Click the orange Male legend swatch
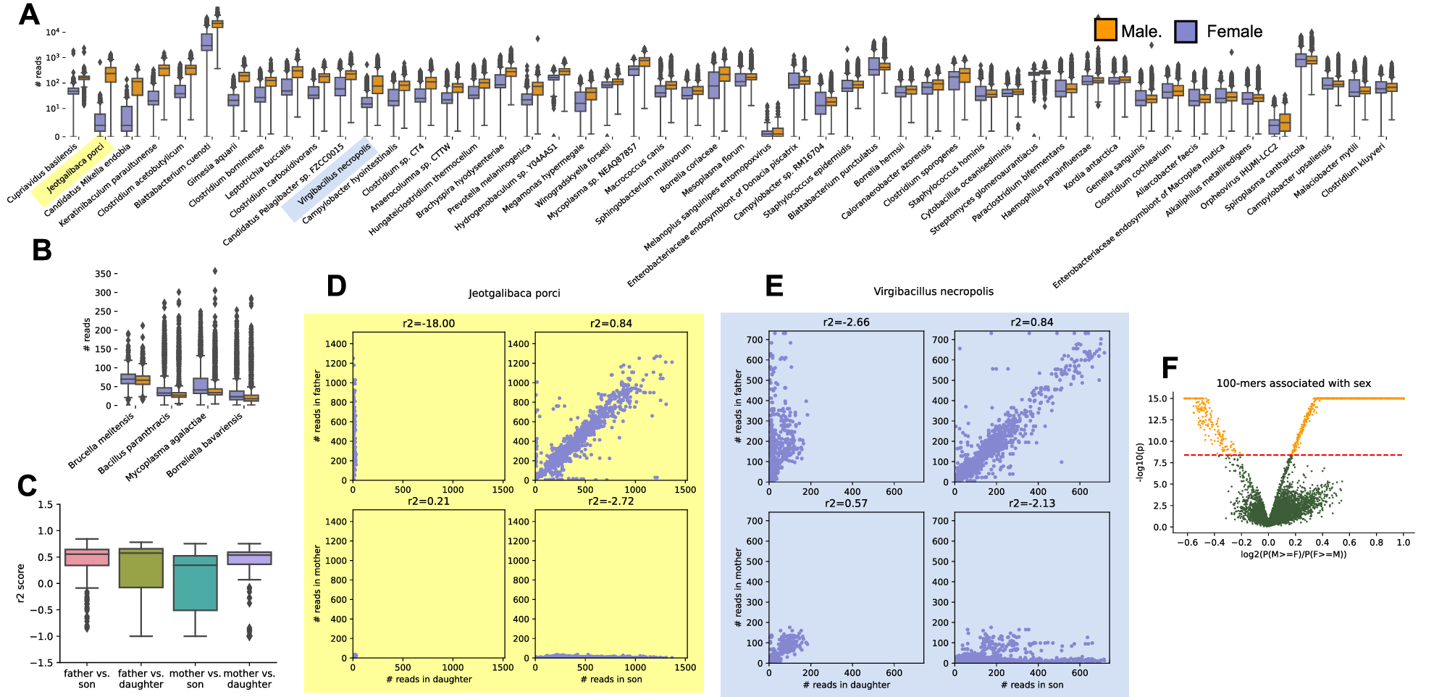[1105, 30]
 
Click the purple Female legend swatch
[1186, 31]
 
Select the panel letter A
[29, 14]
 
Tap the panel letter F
[1169, 368]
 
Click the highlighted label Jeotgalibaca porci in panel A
[75, 168]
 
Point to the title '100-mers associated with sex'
[1293, 383]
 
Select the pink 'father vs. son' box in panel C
[87, 556]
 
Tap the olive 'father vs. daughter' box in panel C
[140, 567]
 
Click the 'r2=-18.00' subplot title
[429, 324]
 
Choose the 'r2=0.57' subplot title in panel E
[846, 504]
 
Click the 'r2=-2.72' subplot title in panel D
[611, 501]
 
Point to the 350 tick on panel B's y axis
[103, 274]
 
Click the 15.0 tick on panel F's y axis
[1157, 398]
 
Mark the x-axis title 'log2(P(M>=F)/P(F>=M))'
[1293, 554]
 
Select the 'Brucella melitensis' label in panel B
[101, 441]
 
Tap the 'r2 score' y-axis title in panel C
[20, 583]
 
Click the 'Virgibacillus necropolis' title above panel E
[933, 291]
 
